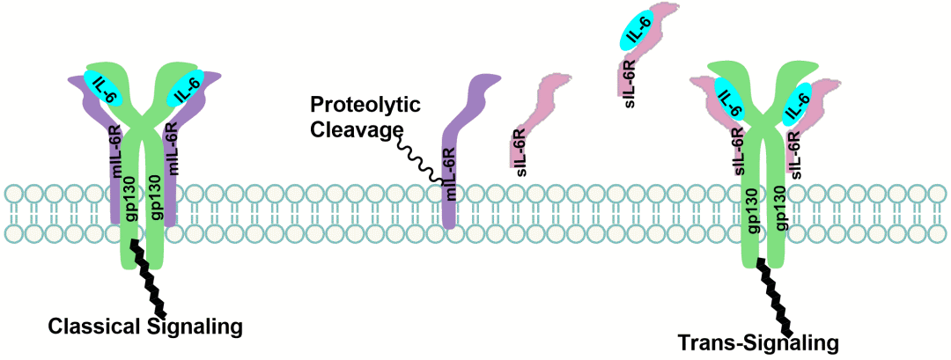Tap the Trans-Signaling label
click(758, 341)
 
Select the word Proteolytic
click(365, 107)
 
